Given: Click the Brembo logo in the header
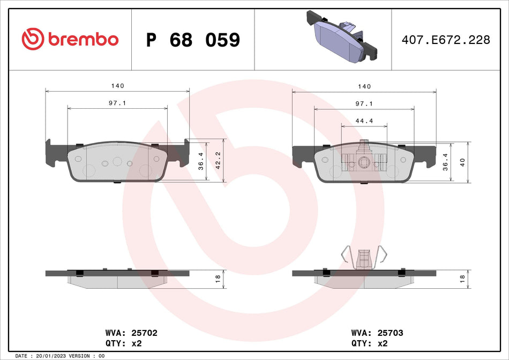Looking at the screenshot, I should point(70,39).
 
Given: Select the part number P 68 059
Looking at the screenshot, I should point(193,40).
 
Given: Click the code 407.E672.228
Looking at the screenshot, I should point(446,40).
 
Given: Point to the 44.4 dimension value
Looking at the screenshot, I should point(364,121).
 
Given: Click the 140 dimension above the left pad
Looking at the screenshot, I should point(117,86).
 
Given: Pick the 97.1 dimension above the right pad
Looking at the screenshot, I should point(364,103).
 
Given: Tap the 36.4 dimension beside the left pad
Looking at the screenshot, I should point(201,161).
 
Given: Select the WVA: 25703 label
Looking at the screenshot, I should point(377,333).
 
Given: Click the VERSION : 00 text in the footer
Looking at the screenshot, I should point(87,356).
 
